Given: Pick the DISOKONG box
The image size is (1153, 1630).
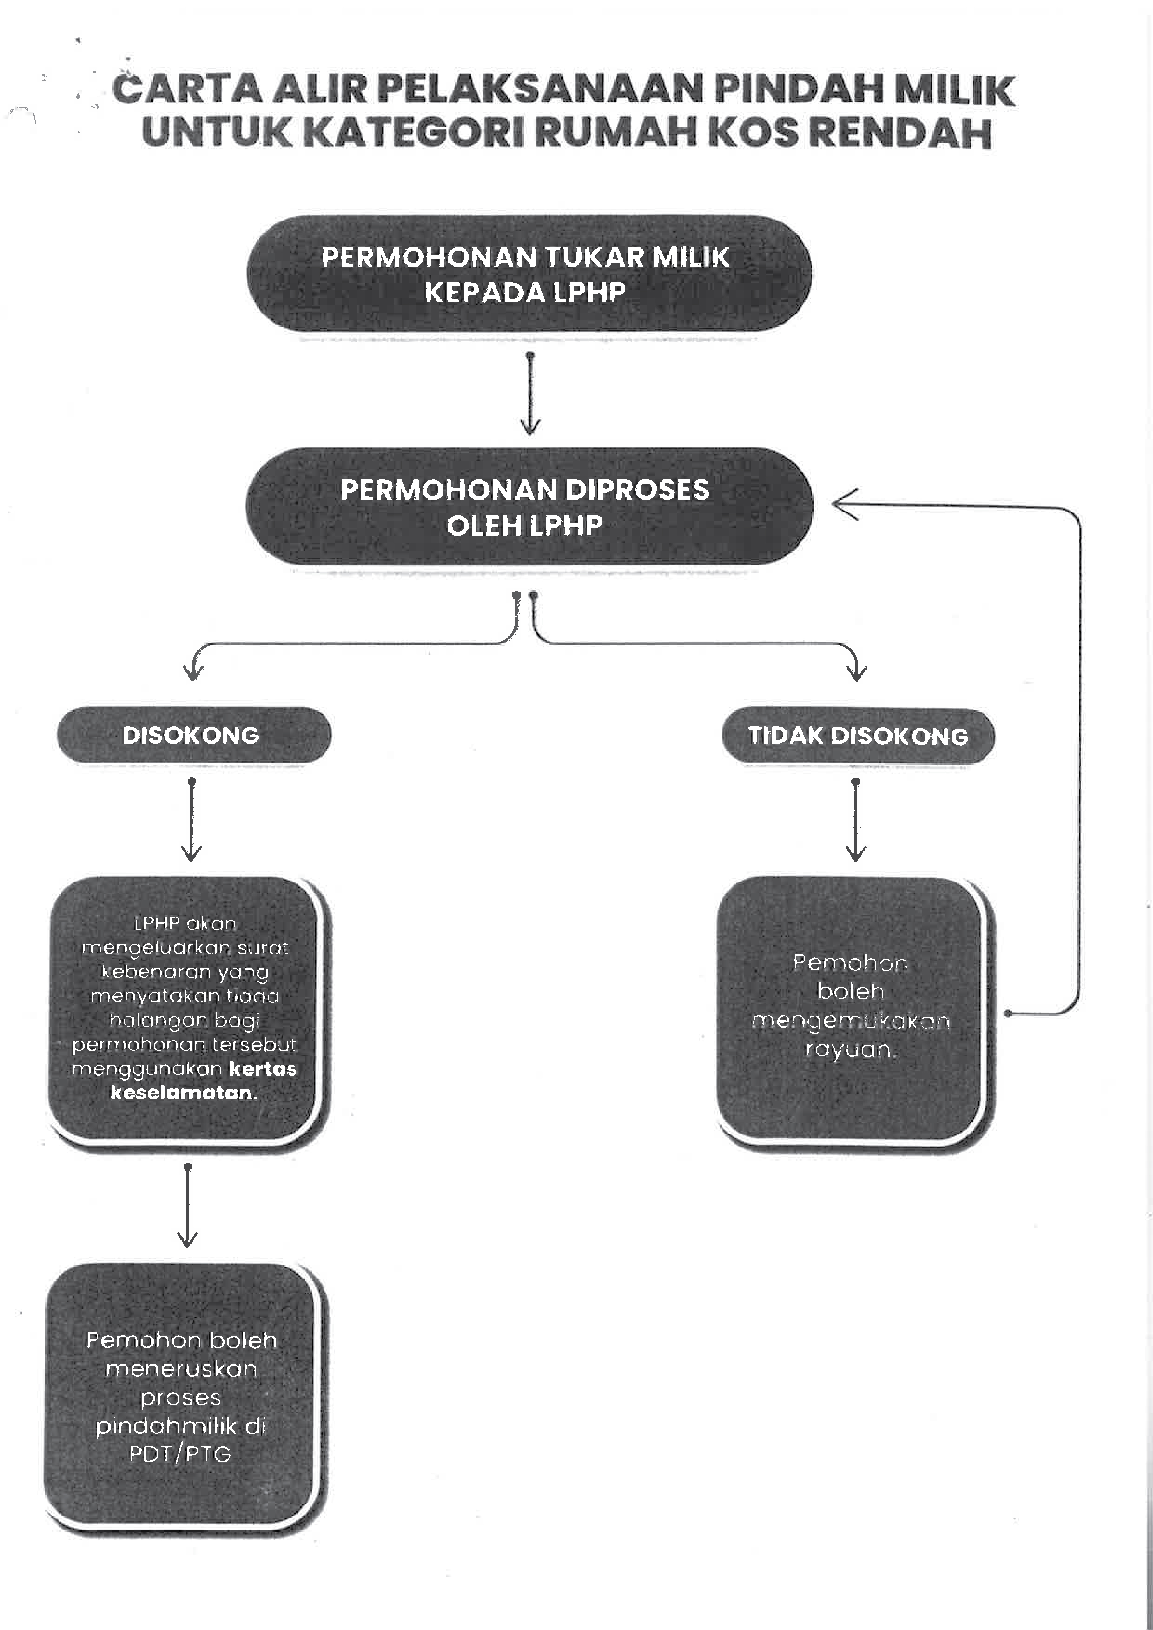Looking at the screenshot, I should tap(193, 735).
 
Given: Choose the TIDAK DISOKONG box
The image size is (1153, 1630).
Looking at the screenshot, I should tap(858, 736).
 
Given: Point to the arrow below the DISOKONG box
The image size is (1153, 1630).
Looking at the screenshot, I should tap(192, 820).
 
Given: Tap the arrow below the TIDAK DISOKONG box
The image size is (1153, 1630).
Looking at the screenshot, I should tap(855, 820).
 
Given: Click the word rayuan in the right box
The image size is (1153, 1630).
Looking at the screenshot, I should tap(851, 1049).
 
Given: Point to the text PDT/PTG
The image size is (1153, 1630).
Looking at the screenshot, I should tap(180, 1454).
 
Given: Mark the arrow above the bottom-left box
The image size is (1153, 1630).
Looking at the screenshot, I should tap(187, 1207).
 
